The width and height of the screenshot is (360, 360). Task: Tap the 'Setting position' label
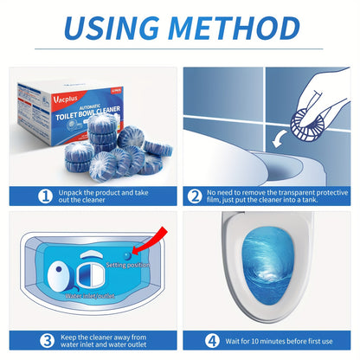(128, 265)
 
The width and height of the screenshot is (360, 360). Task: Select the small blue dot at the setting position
(126, 255)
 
